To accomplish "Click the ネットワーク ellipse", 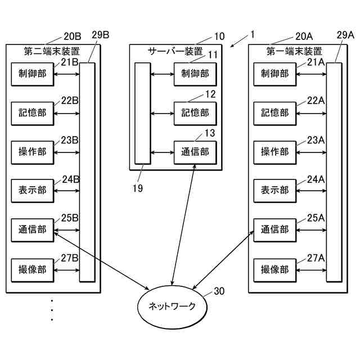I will point(172,306).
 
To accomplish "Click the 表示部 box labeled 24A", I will point(274,191).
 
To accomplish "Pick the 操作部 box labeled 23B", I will point(33,152).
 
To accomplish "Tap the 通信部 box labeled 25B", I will point(33,229).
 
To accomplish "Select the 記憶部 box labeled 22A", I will point(274,113).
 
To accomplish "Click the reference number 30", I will point(219,291).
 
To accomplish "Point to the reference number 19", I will point(137,188).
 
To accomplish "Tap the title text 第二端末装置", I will point(52,51).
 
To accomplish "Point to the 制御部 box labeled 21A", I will point(274,74).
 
